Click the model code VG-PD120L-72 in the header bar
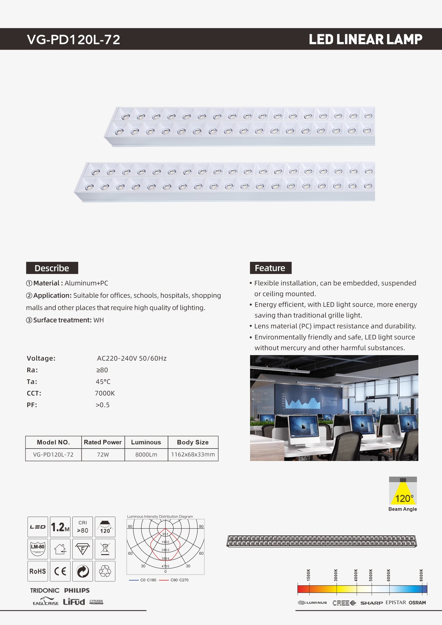point(74,40)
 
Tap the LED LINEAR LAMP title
point(365,40)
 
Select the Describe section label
point(52,268)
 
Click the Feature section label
point(270,268)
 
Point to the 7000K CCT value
point(105,393)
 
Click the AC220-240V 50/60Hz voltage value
point(132,358)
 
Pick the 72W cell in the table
point(103,455)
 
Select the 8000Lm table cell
point(146,455)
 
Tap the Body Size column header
point(193,442)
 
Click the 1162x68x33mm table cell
point(193,455)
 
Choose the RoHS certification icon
point(38,571)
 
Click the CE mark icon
point(60,571)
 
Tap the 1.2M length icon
point(60,527)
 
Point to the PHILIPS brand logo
point(77,590)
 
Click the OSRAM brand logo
point(417,603)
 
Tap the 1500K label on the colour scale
point(308,575)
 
